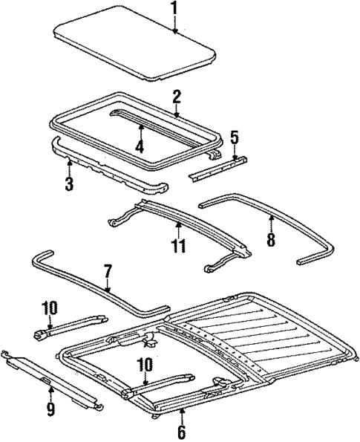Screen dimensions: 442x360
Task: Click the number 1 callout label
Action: pos(174,10)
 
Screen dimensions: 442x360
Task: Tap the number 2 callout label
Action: pos(177,97)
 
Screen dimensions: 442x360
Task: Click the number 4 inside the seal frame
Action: pos(140,146)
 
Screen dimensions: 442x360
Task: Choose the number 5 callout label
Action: pos(235,138)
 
